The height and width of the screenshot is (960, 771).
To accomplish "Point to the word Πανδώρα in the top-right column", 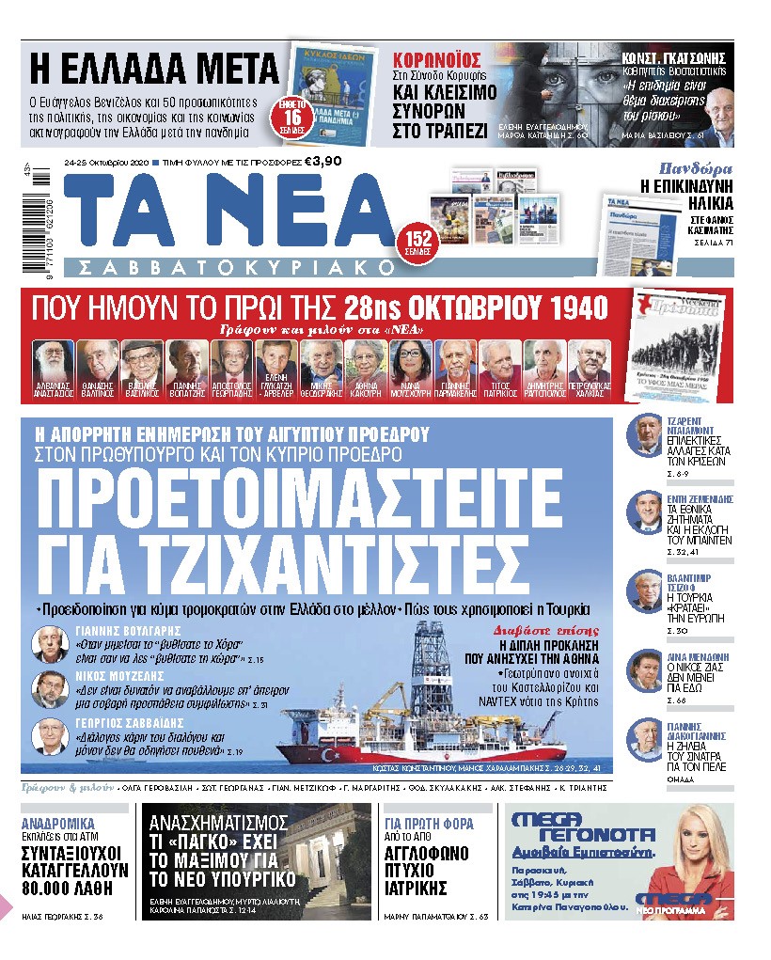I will click(696, 170).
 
